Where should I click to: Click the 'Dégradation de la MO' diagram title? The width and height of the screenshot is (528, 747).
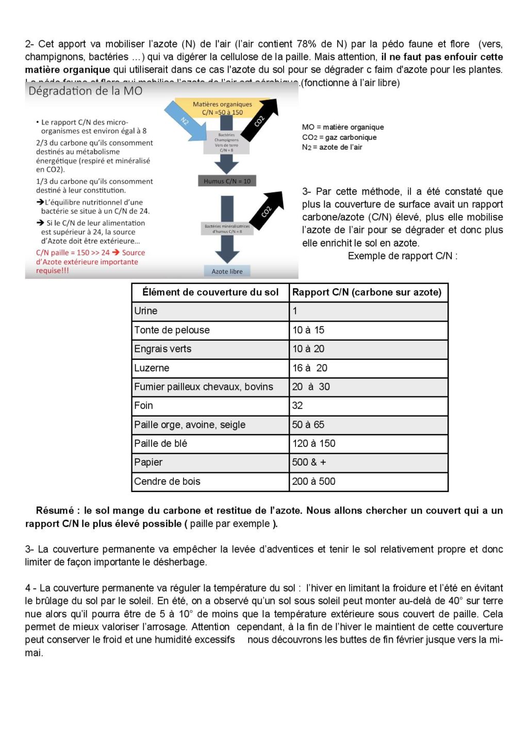[x=86, y=91]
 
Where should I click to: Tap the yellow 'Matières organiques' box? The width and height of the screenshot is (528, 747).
[x=222, y=108]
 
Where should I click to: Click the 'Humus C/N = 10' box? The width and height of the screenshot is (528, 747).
[x=227, y=181]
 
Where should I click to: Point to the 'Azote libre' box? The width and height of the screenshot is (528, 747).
[x=227, y=272]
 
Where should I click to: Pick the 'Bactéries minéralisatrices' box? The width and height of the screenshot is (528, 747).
[x=227, y=229]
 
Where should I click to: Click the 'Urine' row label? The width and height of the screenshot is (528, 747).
[x=146, y=311]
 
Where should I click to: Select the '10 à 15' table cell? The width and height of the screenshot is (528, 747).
[x=308, y=330]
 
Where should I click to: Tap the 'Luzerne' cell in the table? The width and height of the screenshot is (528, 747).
[x=152, y=368]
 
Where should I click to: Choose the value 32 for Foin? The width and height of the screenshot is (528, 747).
[x=298, y=406]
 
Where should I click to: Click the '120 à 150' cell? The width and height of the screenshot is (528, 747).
[x=313, y=443]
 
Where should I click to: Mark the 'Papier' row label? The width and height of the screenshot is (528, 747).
[x=148, y=463]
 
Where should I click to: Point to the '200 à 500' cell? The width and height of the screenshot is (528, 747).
[x=313, y=482]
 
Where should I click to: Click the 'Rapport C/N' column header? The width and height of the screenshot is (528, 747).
[x=367, y=293]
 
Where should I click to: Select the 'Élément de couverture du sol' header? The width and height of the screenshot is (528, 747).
[x=210, y=293]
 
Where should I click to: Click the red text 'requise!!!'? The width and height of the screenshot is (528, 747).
[x=53, y=271]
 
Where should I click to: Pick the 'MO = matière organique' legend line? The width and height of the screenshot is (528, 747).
[x=343, y=128]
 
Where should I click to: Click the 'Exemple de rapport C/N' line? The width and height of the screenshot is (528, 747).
[x=402, y=256]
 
